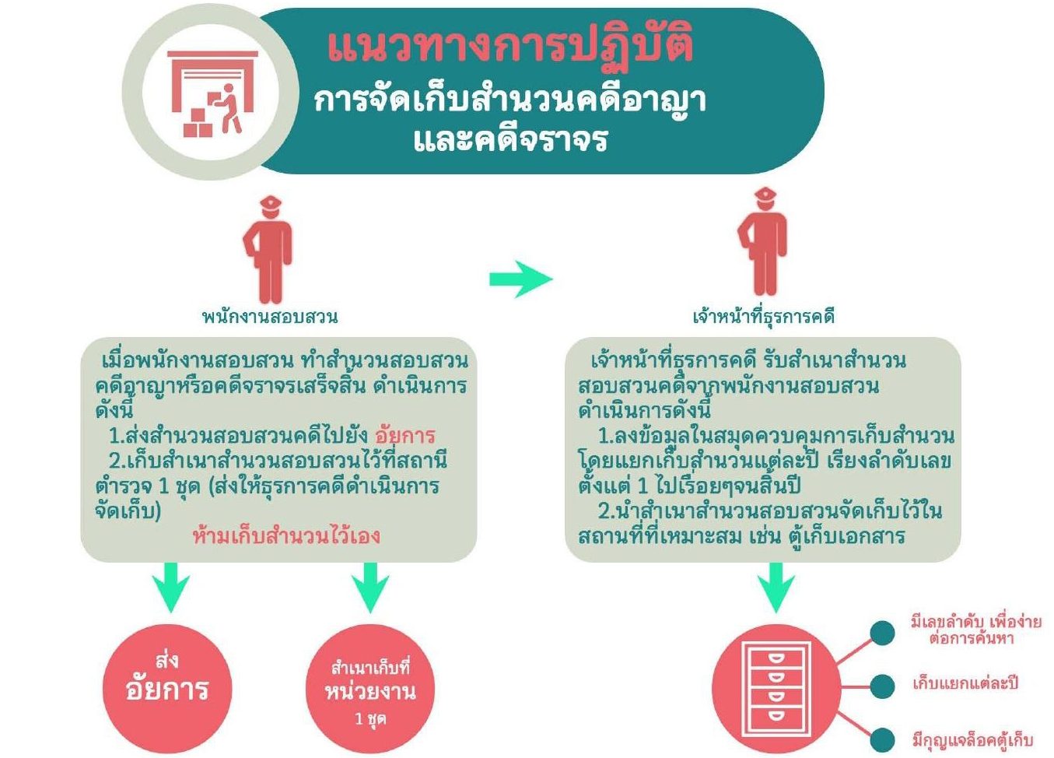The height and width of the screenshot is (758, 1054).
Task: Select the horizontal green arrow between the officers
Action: (x=520, y=279)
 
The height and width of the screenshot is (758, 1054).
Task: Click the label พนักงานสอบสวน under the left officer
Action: (x=269, y=317)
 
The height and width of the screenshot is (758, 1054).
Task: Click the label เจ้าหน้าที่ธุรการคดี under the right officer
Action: (x=763, y=317)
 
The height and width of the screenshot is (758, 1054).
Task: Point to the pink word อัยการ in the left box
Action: (x=404, y=436)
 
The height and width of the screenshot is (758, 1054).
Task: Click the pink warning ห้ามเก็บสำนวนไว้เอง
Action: (x=286, y=535)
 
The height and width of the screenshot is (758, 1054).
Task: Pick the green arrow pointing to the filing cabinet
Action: (x=776, y=586)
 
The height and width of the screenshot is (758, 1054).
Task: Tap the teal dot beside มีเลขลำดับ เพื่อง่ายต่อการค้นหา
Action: (x=881, y=632)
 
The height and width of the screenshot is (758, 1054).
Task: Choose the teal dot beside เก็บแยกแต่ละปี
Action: (x=881, y=686)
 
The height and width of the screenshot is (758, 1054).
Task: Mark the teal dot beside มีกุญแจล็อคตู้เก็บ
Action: (x=881, y=739)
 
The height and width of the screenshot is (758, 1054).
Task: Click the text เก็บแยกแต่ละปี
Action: (x=965, y=685)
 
